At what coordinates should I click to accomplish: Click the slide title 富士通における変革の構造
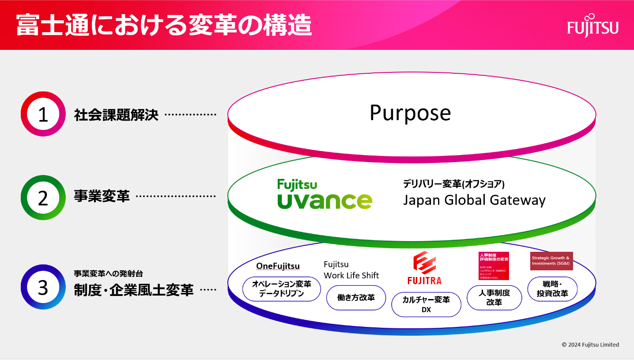pos(164,26)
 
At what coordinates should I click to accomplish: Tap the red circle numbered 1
pos(43,114)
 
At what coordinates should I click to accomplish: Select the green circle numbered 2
pos(43,198)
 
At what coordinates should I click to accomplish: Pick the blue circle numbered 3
pos(43,287)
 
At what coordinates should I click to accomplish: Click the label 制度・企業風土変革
pos(133,290)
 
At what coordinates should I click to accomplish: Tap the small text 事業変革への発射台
pos(108,274)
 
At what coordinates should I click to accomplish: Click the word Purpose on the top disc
pos(410,113)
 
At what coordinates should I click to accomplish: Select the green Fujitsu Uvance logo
pos(325,194)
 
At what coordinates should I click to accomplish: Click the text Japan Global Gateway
pos(474,200)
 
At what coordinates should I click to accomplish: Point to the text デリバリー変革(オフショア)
pos(453,183)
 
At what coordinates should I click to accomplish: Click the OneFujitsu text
pos(278,266)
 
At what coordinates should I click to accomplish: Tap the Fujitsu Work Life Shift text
pos(351,270)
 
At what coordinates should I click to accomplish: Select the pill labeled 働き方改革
pos(356,298)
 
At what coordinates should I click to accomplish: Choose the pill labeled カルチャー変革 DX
pos(426,305)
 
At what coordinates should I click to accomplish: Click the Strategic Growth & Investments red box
pos(551,261)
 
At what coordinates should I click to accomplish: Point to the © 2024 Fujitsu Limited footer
pos(590,345)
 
